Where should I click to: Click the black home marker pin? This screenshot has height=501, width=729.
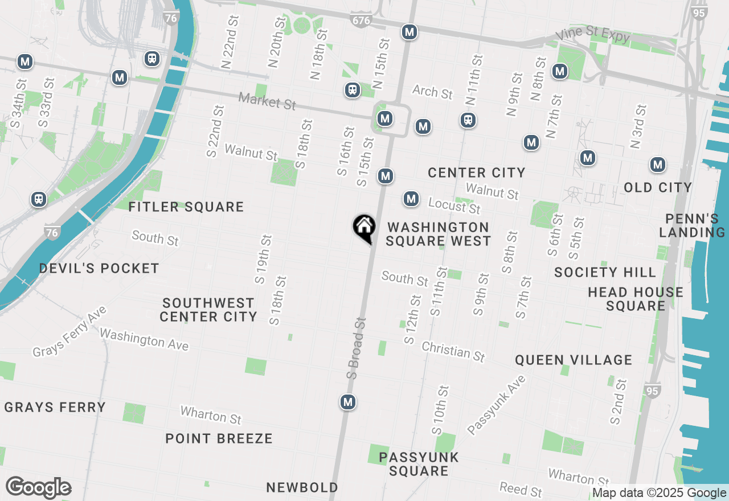(364, 228)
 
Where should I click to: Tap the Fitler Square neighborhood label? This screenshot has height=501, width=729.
(186, 207)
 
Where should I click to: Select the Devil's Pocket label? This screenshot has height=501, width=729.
(99, 268)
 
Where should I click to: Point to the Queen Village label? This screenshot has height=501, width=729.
(574, 360)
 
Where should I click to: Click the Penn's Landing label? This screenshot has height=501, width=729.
(695, 225)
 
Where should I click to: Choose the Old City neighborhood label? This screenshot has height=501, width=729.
(658, 187)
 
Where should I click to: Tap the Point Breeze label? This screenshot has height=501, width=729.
(219, 438)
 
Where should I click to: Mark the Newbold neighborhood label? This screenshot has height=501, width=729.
(302, 487)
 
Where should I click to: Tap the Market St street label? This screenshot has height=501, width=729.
(267, 101)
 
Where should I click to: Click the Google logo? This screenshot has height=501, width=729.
(39, 488)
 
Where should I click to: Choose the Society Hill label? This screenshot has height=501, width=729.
(605, 272)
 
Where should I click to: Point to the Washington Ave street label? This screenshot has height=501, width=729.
(144, 339)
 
